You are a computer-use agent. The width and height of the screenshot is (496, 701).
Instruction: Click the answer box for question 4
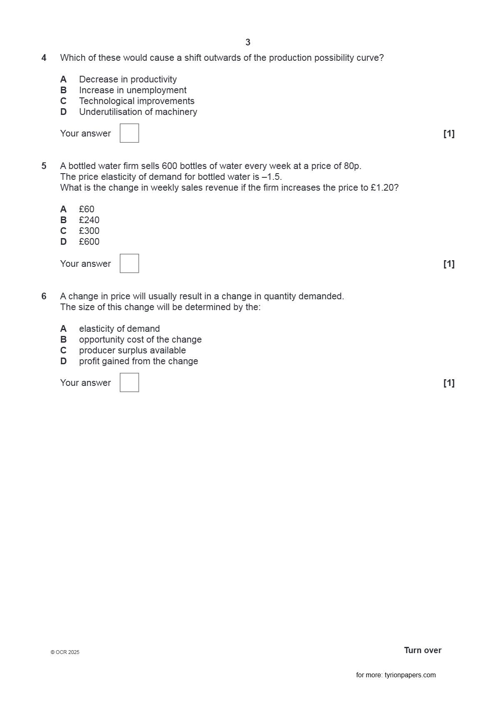pyautogui.click(x=129, y=133)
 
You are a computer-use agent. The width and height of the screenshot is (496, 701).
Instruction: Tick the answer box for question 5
pyautogui.click(x=129, y=263)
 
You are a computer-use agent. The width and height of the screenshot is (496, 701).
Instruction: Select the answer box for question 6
pyautogui.click(x=129, y=383)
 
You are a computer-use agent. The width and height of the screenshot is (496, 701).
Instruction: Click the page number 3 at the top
pyautogui.click(x=248, y=42)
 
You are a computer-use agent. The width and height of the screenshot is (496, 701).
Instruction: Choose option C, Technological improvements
pyautogui.click(x=137, y=101)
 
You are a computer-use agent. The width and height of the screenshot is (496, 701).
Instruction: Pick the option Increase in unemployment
pyautogui.click(x=132, y=90)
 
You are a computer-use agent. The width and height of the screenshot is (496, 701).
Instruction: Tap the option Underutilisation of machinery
pyautogui.click(x=138, y=112)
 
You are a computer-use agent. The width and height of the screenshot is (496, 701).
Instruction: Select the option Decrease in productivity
pyautogui.click(x=128, y=80)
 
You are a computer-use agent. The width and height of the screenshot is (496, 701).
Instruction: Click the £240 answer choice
pyautogui.click(x=89, y=220)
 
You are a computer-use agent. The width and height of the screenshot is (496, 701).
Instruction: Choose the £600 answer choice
pyautogui.click(x=89, y=242)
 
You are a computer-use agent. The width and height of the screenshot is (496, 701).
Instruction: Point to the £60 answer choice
pyautogui.click(x=87, y=209)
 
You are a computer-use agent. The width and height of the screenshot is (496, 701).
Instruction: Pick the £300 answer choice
pyautogui.click(x=89, y=231)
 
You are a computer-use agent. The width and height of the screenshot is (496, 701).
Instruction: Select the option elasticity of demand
pyautogui.click(x=119, y=329)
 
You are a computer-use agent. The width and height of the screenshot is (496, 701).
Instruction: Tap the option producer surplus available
pyautogui.click(x=132, y=350)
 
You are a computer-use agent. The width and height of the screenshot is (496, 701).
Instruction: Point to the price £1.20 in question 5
pyautogui.click(x=381, y=188)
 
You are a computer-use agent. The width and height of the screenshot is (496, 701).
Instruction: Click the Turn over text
pyautogui.click(x=422, y=650)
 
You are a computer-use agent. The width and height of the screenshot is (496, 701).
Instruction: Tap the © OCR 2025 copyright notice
pyautogui.click(x=65, y=652)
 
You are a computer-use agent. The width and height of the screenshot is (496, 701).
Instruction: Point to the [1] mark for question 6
pyautogui.click(x=449, y=383)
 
